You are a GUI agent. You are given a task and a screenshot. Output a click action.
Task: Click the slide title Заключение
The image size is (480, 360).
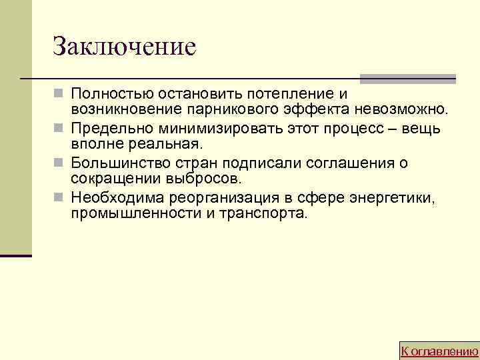(x=124, y=46)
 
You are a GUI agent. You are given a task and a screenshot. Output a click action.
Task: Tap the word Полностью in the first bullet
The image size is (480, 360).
(x=113, y=91)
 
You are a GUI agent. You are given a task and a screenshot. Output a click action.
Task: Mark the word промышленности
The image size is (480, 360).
(x=131, y=214)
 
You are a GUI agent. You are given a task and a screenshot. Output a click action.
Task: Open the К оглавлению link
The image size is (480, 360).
(x=439, y=351)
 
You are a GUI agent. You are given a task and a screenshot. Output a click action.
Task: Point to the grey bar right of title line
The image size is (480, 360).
(x=407, y=79)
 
